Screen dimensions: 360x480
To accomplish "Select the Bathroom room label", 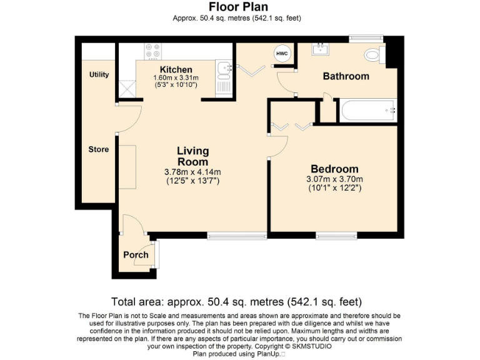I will [x=346, y=76].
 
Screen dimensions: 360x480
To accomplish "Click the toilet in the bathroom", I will [x=373, y=56].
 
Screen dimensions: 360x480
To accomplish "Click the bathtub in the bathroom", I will [x=367, y=111].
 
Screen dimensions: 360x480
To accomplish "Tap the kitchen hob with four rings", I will [x=152, y=51].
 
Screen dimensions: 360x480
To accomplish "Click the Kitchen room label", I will [x=176, y=69].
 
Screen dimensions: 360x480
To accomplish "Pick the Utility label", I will [x=99, y=74].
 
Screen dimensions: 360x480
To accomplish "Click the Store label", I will [x=98, y=149].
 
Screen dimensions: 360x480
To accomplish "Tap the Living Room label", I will [x=192, y=156].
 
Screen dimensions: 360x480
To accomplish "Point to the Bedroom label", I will [x=334, y=169].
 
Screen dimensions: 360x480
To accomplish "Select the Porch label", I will [x=136, y=254].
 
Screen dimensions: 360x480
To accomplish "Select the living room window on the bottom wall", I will [x=237, y=236].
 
